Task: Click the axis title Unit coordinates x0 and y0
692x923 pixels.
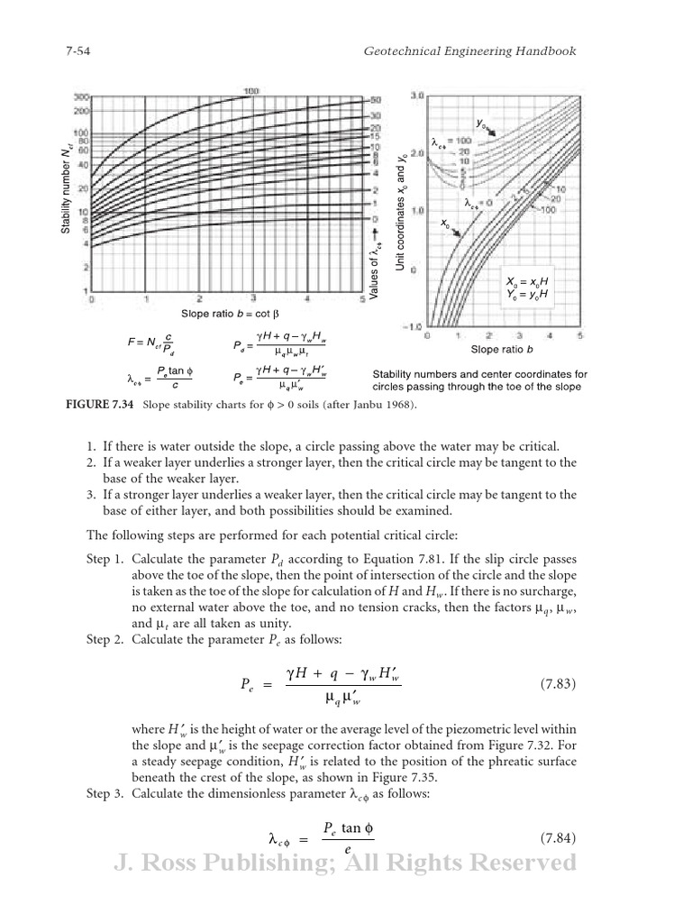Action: [x=401, y=213]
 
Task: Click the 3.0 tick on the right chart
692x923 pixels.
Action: [x=417, y=95]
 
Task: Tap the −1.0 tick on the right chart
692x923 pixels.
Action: [x=414, y=326]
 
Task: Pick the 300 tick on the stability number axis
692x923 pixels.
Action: [x=80, y=96]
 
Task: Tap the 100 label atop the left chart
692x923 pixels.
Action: [x=252, y=91]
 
